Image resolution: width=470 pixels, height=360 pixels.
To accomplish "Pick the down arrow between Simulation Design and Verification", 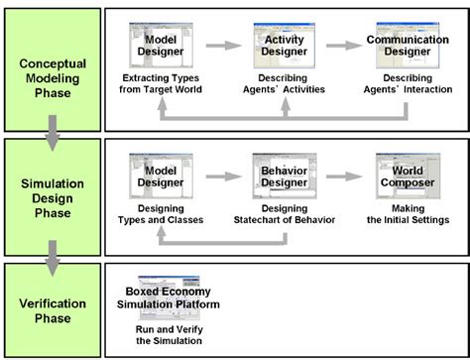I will coord(51,261).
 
